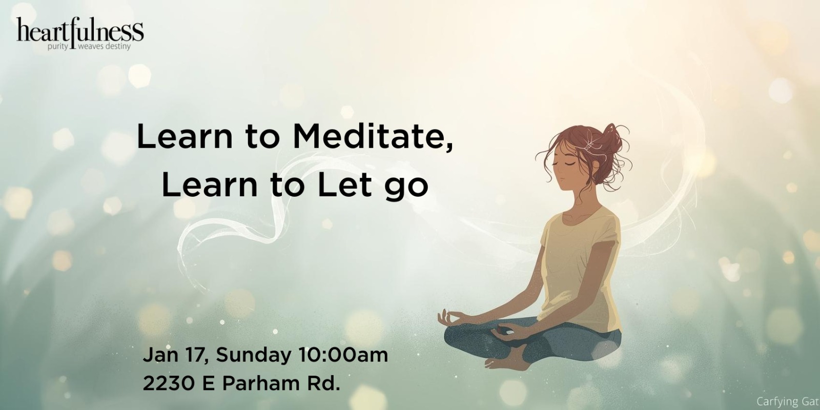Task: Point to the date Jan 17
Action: click(174, 355)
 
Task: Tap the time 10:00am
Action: click(339, 355)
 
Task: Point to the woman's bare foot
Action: click(505, 362)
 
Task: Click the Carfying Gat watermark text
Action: click(788, 401)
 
